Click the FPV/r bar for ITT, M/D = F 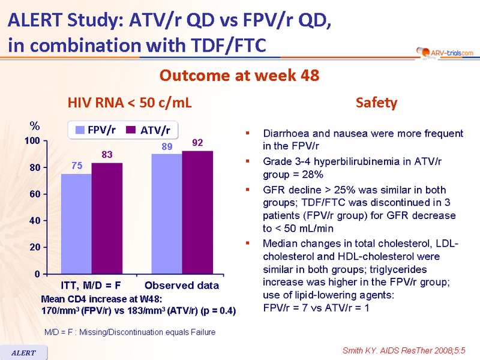[x=76, y=224]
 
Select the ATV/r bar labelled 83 [x=107, y=218]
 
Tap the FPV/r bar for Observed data [x=167, y=214]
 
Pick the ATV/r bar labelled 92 [x=197, y=212]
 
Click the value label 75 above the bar [x=77, y=166]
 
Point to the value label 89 [x=167, y=146]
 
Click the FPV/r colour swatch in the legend [x=80, y=130]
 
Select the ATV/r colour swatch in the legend [x=131, y=130]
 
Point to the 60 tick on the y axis [x=35, y=194]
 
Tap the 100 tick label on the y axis [x=32, y=141]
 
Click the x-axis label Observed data [x=182, y=286]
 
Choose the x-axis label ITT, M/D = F [x=91, y=286]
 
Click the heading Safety [x=377, y=103]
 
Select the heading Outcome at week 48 [x=239, y=76]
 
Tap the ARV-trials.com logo [x=445, y=53]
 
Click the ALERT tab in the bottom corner [x=23, y=353]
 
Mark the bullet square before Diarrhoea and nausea [x=248, y=133]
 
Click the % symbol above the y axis [x=35, y=125]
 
